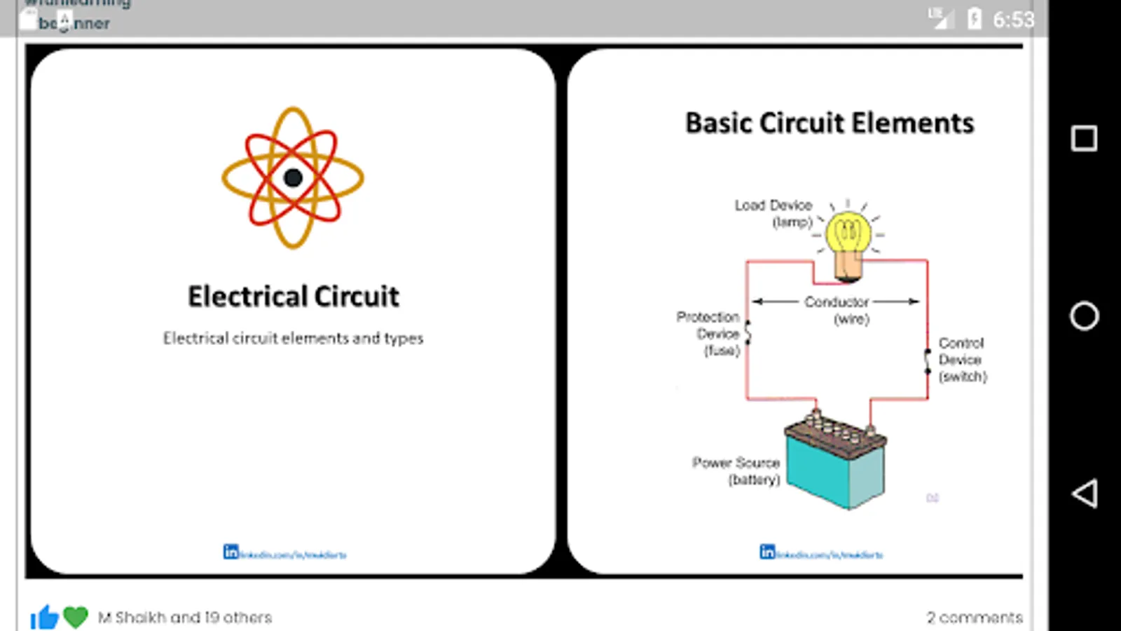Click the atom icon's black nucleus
(293, 178)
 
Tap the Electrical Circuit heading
(293, 297)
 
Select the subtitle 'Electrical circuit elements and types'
(293, 338)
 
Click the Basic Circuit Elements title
(830, 123)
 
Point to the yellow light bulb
(848, 236)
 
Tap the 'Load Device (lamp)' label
(773, 213)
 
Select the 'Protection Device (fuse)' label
(709, 334)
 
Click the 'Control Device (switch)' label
(962, 360)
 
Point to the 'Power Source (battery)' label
(736, 471)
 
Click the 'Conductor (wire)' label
(837, 309)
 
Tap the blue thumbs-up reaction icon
(44, 617)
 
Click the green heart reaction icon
(76, 617)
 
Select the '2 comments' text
(975, 618)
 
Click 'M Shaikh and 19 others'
(185, 618)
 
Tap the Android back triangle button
(1084, 494)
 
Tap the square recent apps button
(1084, 138)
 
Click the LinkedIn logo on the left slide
(231, 552)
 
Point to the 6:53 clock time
(1013, 20)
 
